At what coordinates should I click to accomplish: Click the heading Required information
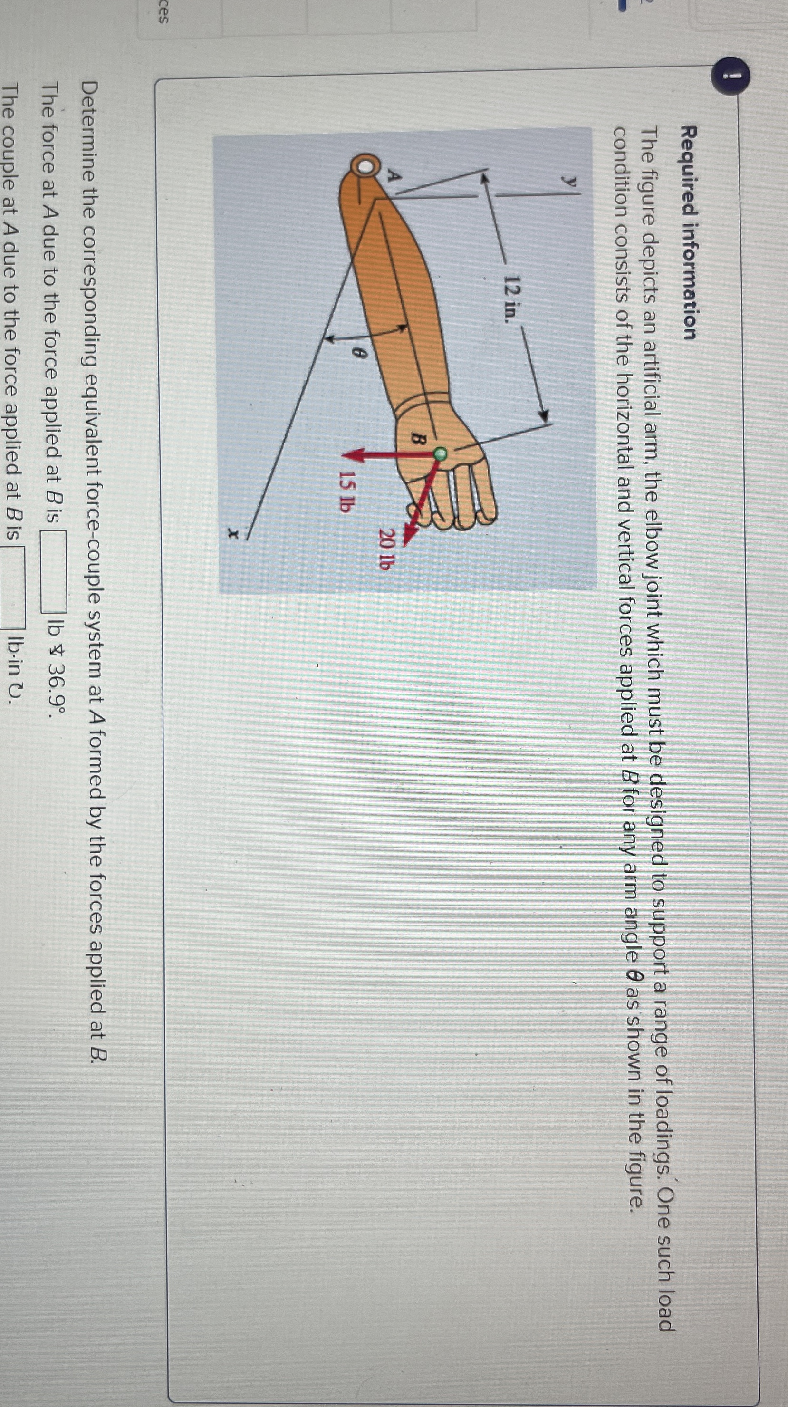coord(690,232)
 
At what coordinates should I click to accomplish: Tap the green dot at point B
coord(440,453)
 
